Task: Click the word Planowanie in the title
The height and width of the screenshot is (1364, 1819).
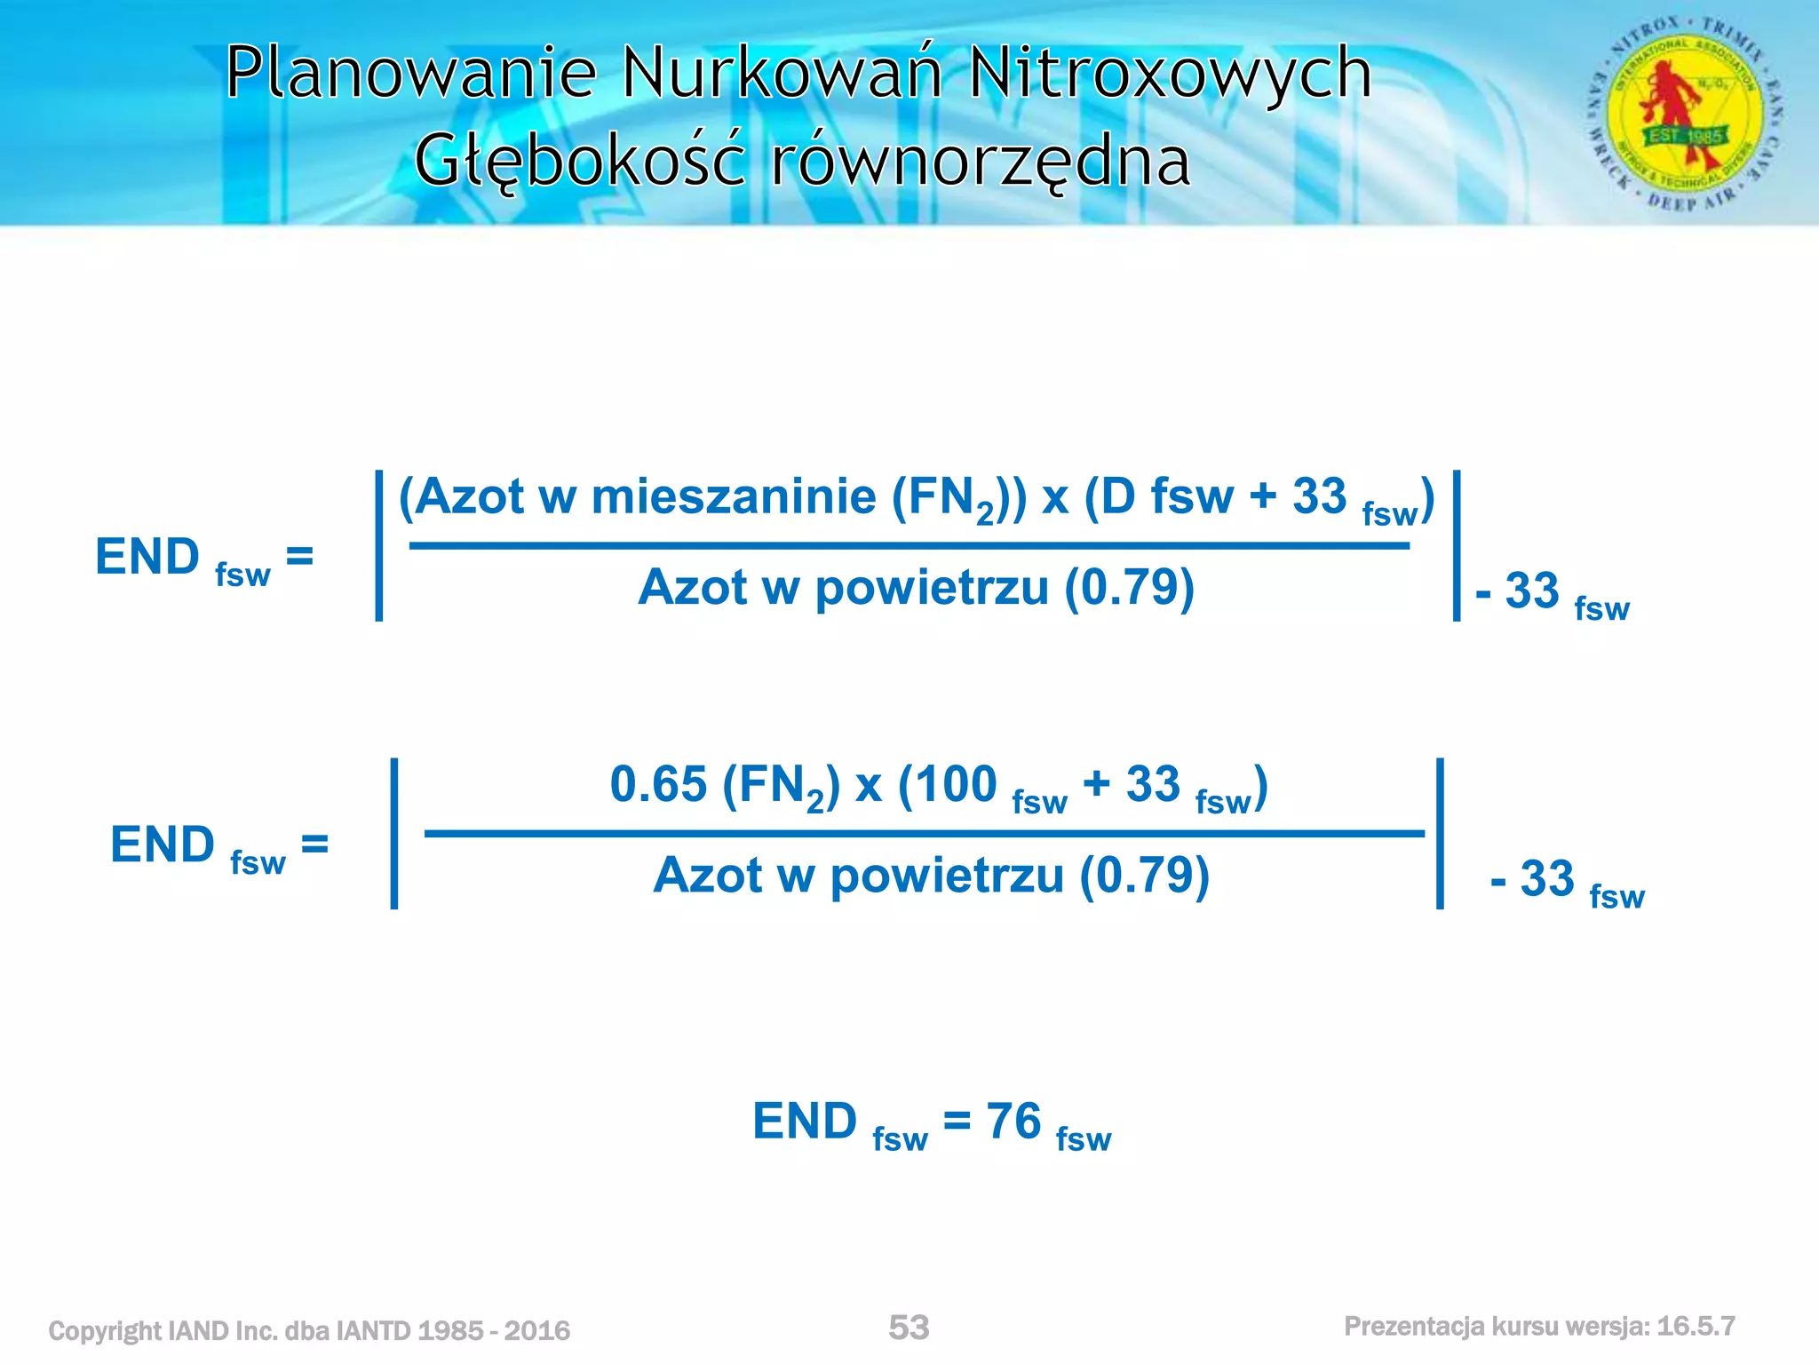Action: point(410,73)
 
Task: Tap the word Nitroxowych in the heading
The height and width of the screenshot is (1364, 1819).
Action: point(1170,73)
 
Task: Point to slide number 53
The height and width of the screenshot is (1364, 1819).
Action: point(909,1328)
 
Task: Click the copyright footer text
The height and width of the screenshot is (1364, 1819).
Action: point(309,1330)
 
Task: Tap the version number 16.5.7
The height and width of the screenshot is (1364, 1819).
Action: point(1696,1326)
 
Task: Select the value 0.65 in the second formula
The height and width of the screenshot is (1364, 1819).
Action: point(658,784)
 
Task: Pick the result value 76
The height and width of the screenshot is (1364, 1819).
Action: point(1013,1121)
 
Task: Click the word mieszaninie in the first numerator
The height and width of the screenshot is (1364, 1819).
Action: point(734,496)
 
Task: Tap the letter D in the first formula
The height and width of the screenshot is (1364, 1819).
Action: point(1118,496)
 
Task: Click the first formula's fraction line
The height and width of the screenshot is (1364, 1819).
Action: point(909,545)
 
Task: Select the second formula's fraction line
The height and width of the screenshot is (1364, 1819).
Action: point(924,833)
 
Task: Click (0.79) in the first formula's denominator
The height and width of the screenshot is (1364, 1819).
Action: point(1129,587)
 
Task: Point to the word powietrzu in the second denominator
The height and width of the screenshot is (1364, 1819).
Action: point(947,876)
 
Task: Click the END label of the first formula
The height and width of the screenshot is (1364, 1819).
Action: point(147,557)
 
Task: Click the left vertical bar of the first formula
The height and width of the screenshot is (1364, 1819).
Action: point(379,545)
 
